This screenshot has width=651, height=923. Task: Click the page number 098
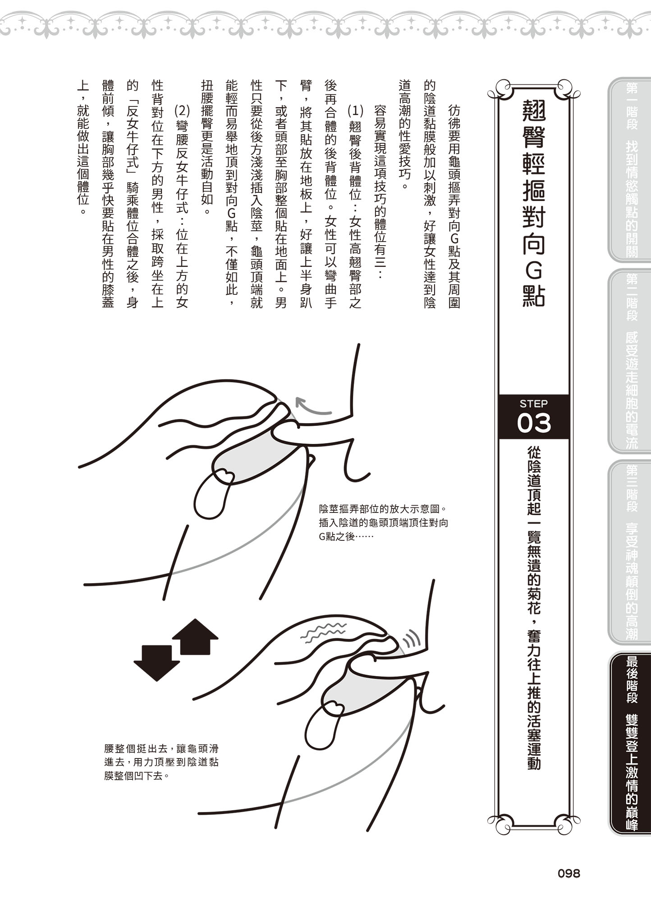point(568,873)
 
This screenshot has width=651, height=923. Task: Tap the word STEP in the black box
point(533,403)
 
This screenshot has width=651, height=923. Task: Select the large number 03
point(534,424)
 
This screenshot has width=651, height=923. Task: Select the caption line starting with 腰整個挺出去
point(161,749)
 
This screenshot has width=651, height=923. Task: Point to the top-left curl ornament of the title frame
point(500,88)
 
